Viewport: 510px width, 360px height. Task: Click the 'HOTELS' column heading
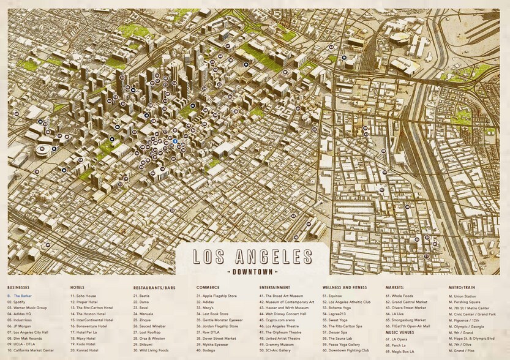[78, 287]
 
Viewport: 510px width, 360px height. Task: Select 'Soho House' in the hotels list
[87, 296]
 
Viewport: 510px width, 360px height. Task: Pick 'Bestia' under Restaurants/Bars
[144, 296]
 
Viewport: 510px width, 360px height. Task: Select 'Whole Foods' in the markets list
[403, 296]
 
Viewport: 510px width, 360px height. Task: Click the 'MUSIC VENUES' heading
[400, 332]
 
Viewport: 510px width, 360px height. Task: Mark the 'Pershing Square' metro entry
[468, 302]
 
